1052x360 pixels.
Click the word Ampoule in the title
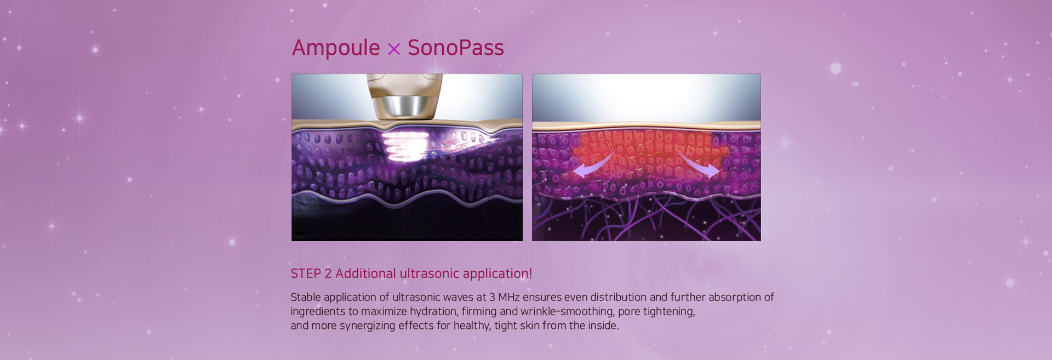[336, 48]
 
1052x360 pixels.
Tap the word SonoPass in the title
[455, 48]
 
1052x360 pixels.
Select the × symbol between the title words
[394, 50]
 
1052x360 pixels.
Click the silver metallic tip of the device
[404, 106]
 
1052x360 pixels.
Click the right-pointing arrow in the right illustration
[699, 165]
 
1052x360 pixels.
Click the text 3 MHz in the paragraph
[504, 297]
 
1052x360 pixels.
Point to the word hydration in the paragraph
[434, 312]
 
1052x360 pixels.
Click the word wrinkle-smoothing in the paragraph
[567, 312]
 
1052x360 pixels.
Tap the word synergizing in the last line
[367, 326]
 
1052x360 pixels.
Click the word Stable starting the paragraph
[306, 297]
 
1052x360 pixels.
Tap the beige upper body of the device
[404, 85]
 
